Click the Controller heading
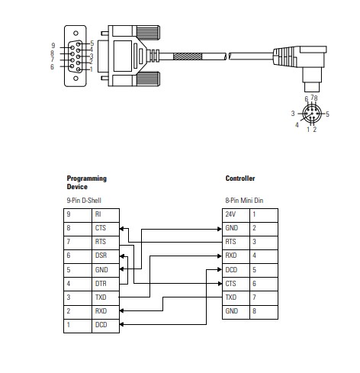click(240, 178)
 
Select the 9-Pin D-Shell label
click(84, 201)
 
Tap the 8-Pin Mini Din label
click(244, 201)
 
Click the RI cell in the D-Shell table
click(105, 215)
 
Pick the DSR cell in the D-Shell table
click(105, 256)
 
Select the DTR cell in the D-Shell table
click(105, 284)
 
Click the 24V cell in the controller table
click(236, 215)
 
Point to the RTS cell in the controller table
click(236, 243)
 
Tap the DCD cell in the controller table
click(236, 270)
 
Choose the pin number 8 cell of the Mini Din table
click(264, 312)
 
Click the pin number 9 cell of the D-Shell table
click(78, 215)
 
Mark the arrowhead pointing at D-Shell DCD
click(121, 324)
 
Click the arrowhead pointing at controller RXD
click(220, 256)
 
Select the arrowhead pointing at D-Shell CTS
click(121, 229)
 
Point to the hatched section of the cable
click(188, 56)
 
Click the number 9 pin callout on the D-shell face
click(53, 46)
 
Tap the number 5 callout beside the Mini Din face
click(327, 114)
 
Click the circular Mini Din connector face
click(312, 114)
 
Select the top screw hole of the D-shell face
click(76, 33)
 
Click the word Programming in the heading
click(86, 178)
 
